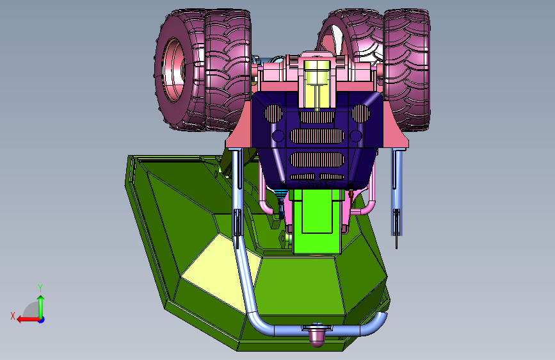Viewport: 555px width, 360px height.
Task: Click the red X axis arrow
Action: [x=28, y=319]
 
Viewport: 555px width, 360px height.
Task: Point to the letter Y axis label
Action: [x=40, y=288]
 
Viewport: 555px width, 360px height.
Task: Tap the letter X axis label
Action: [x=13, y=316]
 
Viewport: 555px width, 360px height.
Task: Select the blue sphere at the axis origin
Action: [x=42, y=320]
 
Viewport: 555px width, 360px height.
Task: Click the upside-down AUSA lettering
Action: [x=317, y=184]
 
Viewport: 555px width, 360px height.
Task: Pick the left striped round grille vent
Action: [x=274, y=113]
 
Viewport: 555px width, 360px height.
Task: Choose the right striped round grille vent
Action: [x=360, y=113]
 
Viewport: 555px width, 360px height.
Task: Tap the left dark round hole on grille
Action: [x=278, y=136]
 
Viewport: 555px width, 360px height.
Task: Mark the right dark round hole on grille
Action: [x=356, y=136]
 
